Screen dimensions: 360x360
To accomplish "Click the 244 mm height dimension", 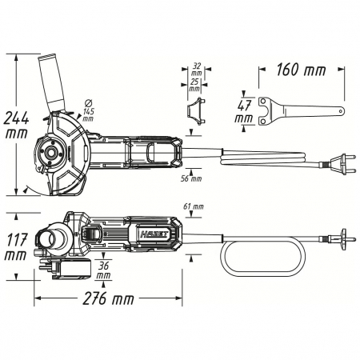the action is [16, 126].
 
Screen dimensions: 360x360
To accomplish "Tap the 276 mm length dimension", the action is [108, 298].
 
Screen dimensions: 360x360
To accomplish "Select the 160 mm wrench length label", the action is [301, 70].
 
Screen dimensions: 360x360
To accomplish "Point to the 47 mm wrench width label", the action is [244, 112].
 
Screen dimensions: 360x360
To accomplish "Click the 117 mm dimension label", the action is [16, 247].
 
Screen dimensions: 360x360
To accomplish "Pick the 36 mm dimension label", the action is [103, 270].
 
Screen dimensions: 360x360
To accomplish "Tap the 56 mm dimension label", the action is [191, 178].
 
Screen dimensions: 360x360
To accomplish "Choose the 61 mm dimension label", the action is [194, 206].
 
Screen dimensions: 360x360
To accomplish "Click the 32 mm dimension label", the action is [197, 69].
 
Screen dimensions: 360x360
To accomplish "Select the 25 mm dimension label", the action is [194, 85].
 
